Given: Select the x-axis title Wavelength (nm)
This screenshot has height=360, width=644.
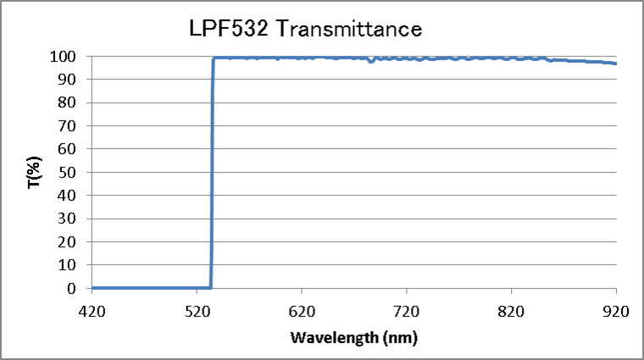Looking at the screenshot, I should click(x=353, y=338).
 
